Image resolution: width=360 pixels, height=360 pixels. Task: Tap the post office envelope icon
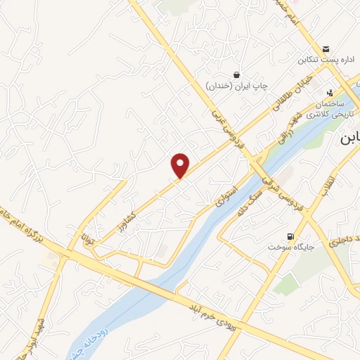[326, 49]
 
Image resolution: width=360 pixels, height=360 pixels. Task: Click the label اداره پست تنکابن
[326, 60]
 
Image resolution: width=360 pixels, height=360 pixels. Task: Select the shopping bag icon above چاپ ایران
[237, 75]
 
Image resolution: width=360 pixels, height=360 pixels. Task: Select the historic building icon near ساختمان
[329, 92]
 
